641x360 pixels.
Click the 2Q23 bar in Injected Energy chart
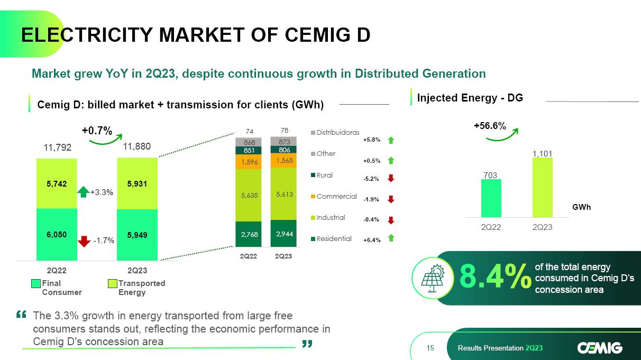pyautogui.click(x=542, y=187)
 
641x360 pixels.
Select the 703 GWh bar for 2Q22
pyautogui.click(x=491, y=198)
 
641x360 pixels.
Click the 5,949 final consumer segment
pyautogui.click(x=137, y=235)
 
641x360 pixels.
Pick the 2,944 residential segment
pyautogui.click(x=283, y=234)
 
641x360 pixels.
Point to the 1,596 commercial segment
pyautogui.click(x=248, y=162)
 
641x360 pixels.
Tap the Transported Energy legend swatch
pyautogui.click(x=112, y=284)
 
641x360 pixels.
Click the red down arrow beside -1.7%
pyautogui.click(x=84, y=241)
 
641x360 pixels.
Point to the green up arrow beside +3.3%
pyautogui.click(x=84, y=192)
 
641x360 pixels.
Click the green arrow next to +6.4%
pyautogui.click(x=390, y=238)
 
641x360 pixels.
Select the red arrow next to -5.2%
pyautogui.click(x=390, y=179)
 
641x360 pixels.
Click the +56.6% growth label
pyautogui.click(x=489, y=126)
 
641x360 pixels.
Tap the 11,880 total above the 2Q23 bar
pyautogui.click(x=137, y=146)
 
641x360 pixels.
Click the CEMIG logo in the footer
pyautogui.click(x=600, y=347)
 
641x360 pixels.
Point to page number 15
pyautogui.click(x=429, y=348)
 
